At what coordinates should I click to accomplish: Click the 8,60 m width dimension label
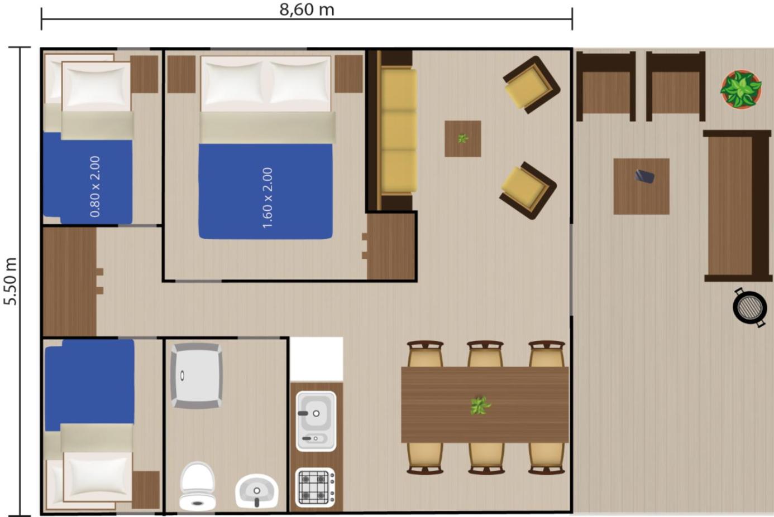(307, 9)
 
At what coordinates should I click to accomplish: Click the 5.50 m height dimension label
(11, 281)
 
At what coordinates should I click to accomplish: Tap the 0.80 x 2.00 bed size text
(95, 187)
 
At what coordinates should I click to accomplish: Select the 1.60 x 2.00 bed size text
(267, 198)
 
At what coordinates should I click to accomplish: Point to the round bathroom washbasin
(256, 491)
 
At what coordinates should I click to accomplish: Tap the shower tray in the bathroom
(196, 376)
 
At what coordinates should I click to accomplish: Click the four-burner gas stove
(316, 487)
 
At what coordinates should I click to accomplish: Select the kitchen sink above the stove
(316, 421)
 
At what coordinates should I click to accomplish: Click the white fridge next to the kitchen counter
(317, 359)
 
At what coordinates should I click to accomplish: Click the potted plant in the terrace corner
(741, 89)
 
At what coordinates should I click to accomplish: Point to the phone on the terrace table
(644, 176)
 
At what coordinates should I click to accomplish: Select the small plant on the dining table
(480, 405)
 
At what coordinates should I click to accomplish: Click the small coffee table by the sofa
(463, 139)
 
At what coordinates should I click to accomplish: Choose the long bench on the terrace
(737, 206)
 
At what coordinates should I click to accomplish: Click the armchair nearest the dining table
(528, 191)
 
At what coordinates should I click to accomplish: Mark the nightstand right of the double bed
(348, 74)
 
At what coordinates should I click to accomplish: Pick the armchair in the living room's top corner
(532, 85)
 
